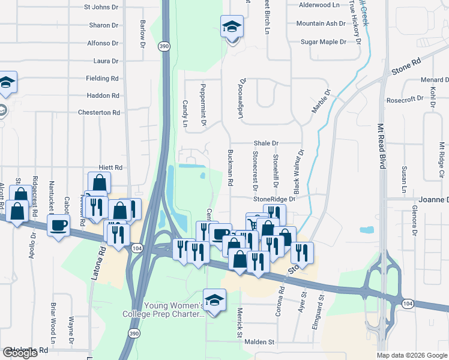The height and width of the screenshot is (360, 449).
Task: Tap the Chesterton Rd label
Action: [99, 113]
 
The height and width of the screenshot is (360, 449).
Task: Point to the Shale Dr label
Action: [266, 143]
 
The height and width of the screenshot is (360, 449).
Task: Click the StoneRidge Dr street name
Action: [275, 199]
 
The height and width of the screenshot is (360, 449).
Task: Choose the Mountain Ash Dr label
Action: [321, 24]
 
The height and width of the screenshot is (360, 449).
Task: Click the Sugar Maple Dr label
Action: [324, 42]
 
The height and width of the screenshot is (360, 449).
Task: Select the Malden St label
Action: [259, 342]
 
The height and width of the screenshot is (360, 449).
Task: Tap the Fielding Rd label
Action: [102, 79]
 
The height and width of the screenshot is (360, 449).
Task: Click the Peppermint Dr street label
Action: [203, 104]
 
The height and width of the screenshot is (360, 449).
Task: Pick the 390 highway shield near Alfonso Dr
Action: [164, 46]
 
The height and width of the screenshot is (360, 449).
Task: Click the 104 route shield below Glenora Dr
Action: [408, 304]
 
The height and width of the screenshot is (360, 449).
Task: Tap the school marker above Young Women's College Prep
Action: [214, 298]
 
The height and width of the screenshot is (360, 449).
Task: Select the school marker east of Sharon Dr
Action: [232, 27]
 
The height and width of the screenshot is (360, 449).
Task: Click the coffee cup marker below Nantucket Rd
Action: [59, 226]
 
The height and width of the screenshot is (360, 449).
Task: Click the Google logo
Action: [20, 353]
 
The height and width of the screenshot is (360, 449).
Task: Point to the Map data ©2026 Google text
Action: [412, 355]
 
